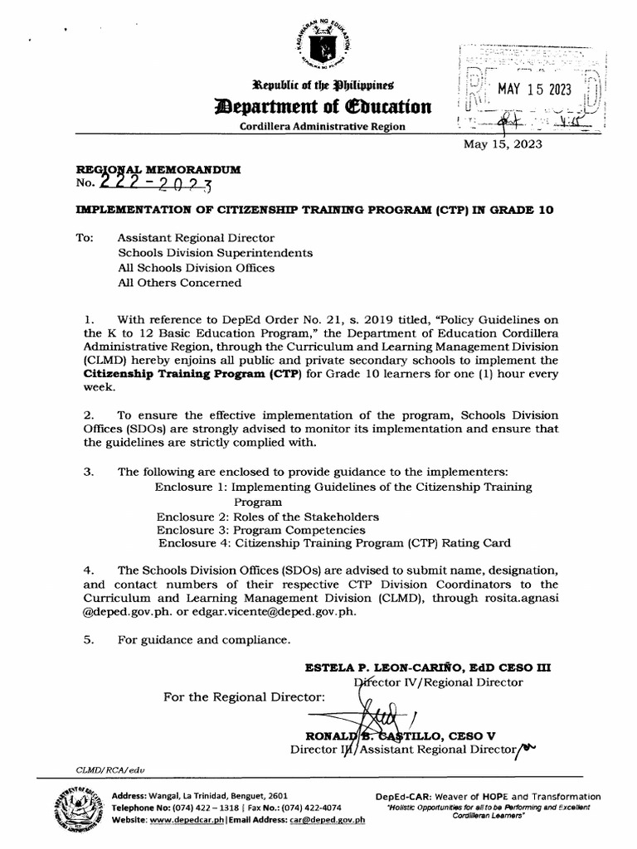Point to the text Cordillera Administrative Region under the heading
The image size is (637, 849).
[x=323, y=126]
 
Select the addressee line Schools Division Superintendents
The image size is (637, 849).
[x=216, y=252]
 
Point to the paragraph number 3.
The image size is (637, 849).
[x=89, y=472]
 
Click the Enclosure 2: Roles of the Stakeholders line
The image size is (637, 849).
[x=268, y=516]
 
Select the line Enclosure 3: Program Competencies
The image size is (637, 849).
[x=260, y=530]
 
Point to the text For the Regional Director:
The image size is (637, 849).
[x=245, y=696]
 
